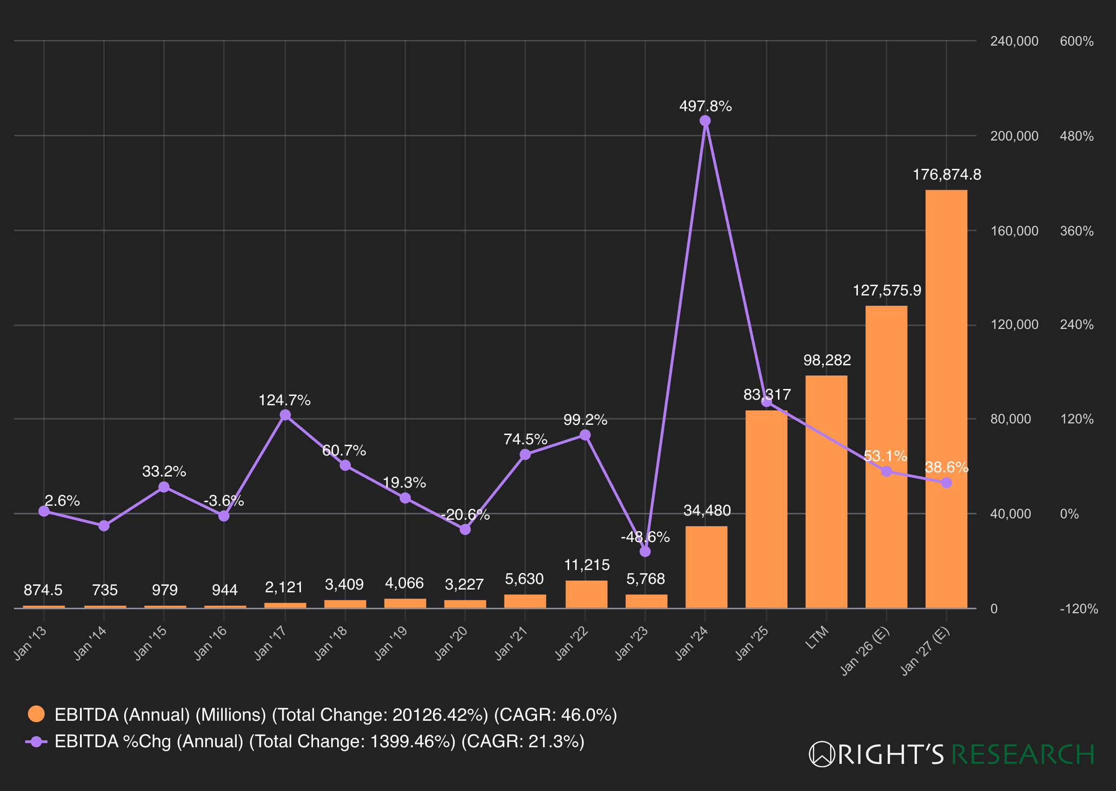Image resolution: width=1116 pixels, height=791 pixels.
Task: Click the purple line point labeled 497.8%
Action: click(x=705, y=121)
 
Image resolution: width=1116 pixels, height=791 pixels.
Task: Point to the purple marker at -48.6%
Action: click(x=645, y=551)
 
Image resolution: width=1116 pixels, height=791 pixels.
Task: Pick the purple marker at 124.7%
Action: click(x=285, y=415)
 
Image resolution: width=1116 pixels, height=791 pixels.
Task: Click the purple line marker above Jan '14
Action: click(x=104, y=525)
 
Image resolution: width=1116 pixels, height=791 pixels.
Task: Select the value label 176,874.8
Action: click(x=946, y=174)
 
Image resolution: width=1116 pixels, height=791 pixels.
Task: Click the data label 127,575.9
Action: click(x=886, y=290)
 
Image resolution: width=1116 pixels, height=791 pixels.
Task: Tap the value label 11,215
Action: click(x=586, y=565)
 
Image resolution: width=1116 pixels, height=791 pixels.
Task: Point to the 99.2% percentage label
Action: click(x=585, y=420)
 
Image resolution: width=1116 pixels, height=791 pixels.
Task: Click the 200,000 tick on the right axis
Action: click(x=1014, y=136)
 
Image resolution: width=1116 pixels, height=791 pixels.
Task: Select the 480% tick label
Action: click(x=1076, y=136)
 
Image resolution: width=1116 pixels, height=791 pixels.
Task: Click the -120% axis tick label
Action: click(x=1078, y=609)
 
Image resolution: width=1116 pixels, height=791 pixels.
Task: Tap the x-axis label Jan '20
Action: click(x=451, y=643)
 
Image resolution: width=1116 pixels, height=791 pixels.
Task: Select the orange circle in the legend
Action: click(x=36, y=714)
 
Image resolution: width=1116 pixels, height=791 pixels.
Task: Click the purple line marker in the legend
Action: click(x=36, y=741)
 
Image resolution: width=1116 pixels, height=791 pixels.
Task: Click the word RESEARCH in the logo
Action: click(x=1023, y=754)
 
